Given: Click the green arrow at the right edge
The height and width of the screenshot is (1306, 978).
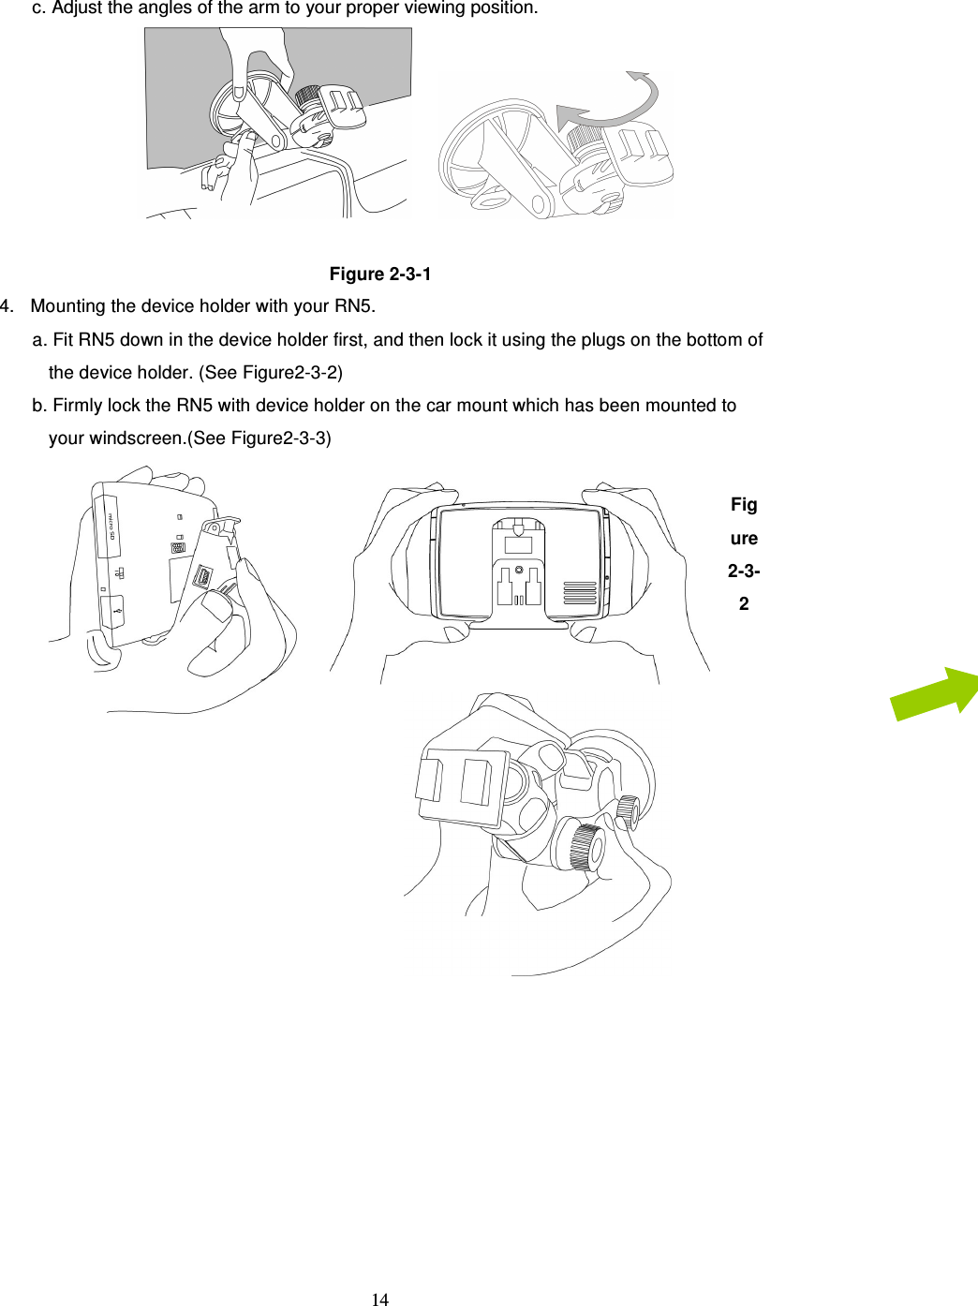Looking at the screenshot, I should pyautogui.click(x=935, y=694).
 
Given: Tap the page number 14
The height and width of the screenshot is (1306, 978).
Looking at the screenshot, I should pyautogui.click(x=379, y=1299).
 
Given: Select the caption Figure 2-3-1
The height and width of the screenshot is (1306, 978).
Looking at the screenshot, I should pyautogui.click(x=379, y=275).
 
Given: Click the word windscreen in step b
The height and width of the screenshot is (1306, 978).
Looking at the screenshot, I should pyautogui.click(x=137, y=438).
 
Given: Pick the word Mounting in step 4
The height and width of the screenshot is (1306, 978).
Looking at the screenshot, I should pyautogui.click(x=68, y=306).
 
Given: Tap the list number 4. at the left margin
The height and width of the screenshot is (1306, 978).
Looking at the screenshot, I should pyautogui.click(x=7, y=306).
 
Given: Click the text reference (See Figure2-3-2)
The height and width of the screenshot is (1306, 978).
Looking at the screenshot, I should pyautogui.click(x=271, y=373).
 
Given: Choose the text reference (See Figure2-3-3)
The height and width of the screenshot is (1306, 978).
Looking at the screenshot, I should pyautogui.click(x=259, y=438).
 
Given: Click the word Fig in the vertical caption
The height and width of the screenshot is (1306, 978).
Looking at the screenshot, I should pyautogui.click(x=744, y=505).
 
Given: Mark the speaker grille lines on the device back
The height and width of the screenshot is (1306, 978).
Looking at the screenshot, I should pyautogui.click(x=580, y=593).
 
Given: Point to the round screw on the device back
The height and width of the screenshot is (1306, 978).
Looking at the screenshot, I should pyautogui.click(x=519, y=570).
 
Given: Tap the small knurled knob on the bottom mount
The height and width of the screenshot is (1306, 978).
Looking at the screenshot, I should pyautogui.click(x=628, y=811).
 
